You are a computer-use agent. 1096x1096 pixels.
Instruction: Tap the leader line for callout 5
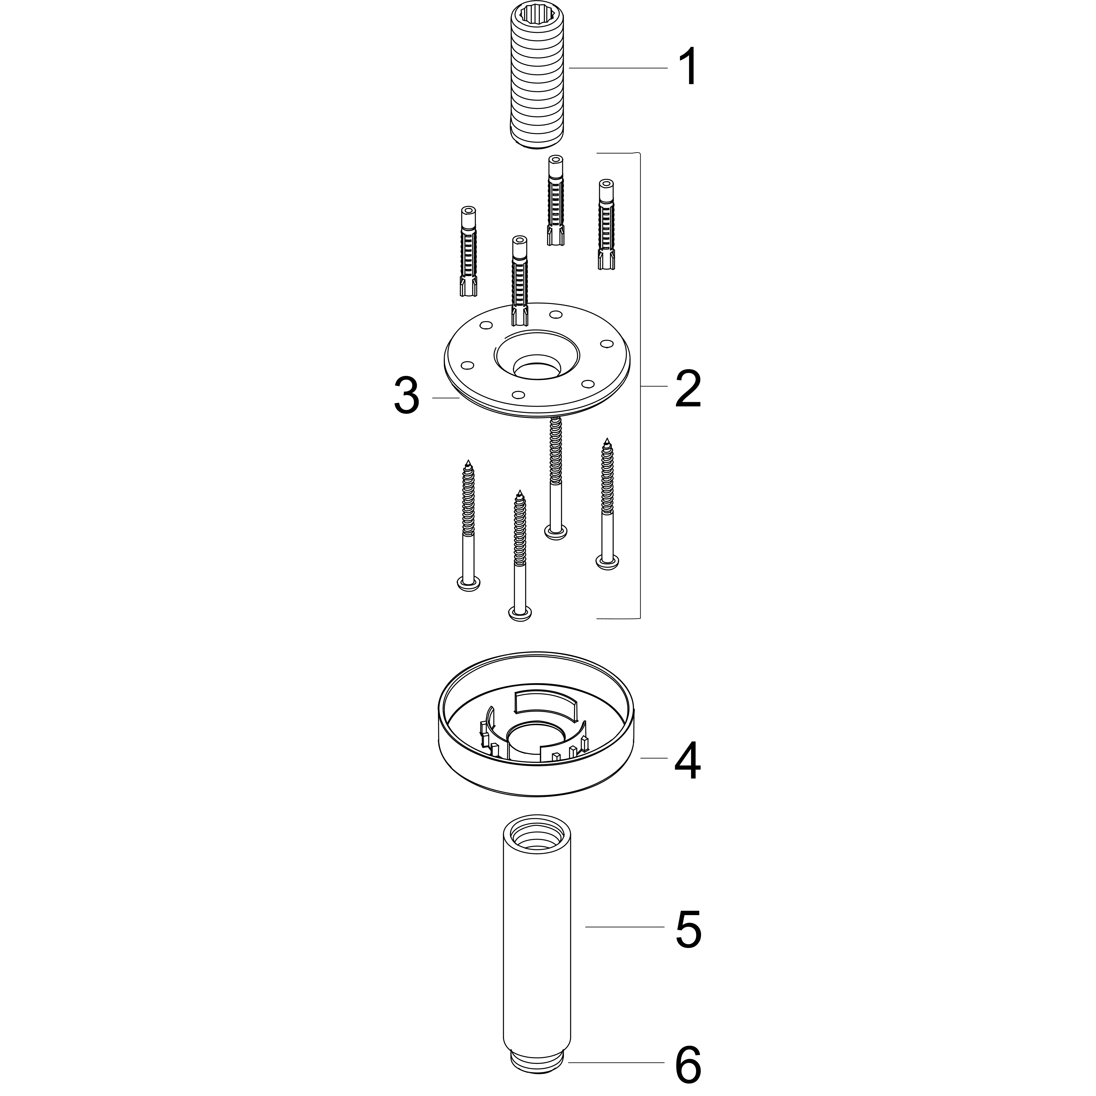click(624, 927)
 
